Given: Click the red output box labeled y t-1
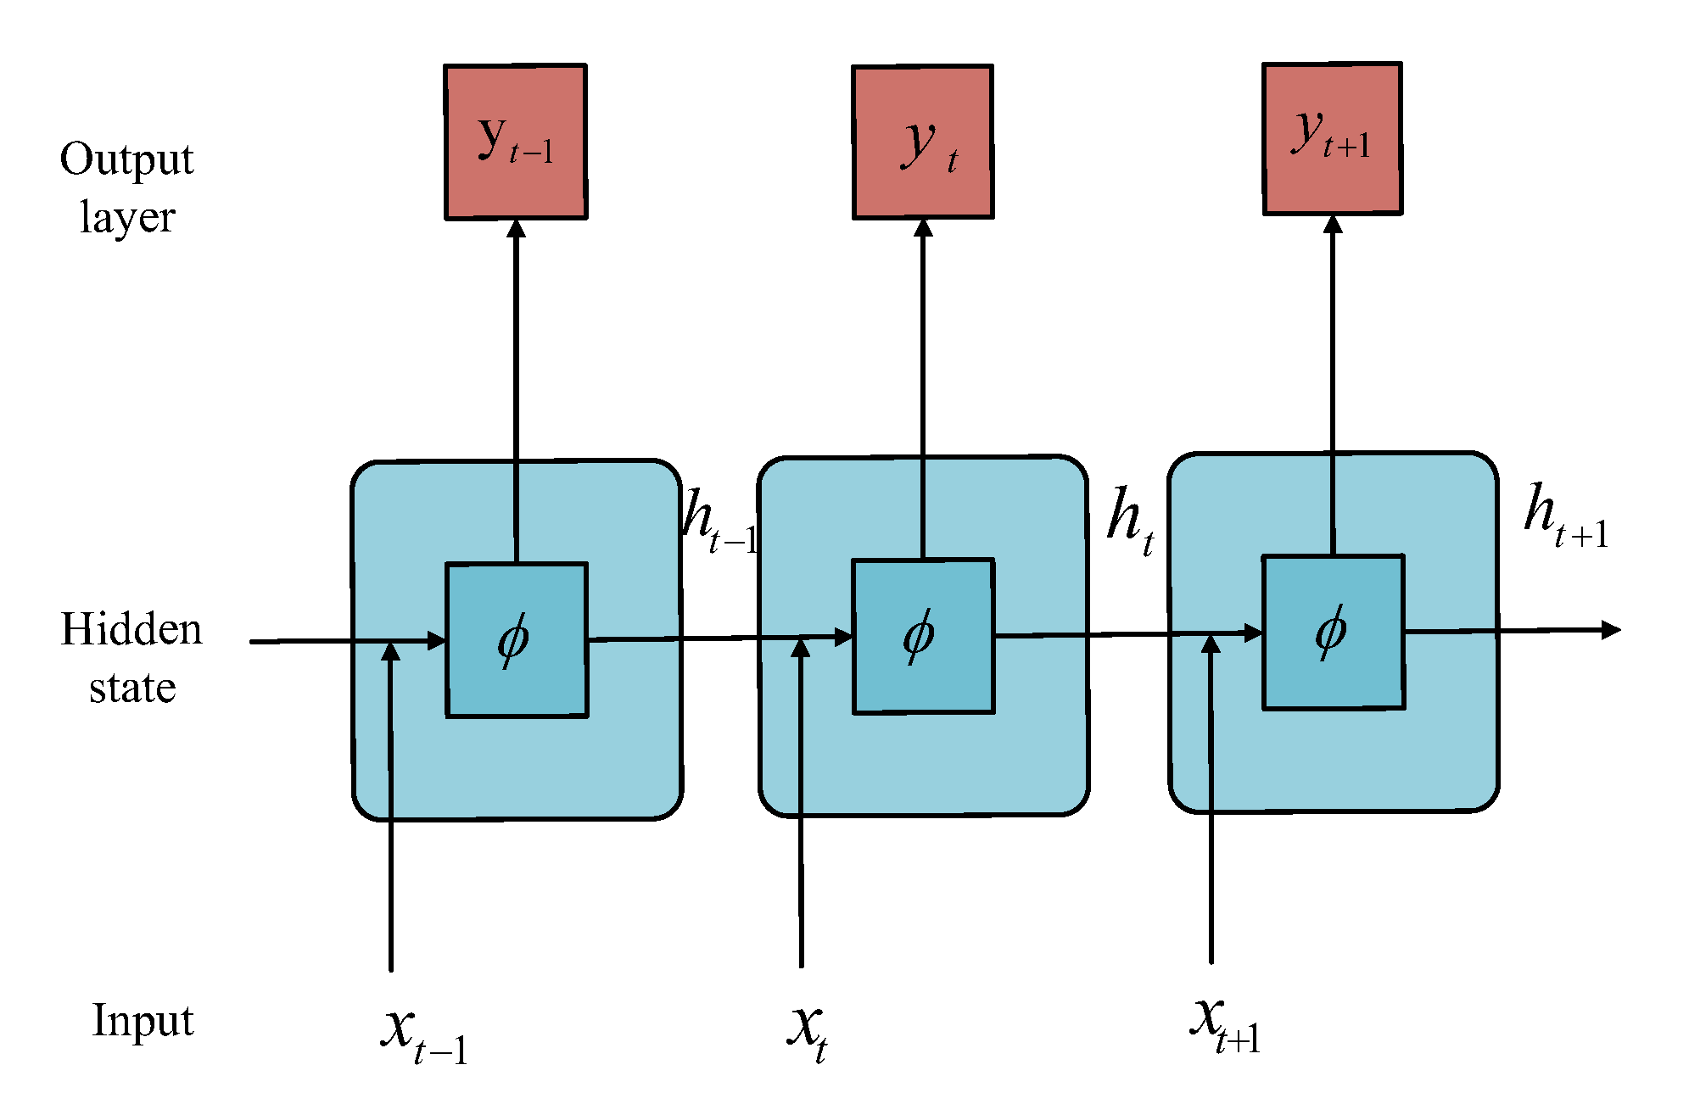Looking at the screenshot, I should click(x=516, y=142).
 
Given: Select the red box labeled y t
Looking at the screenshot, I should click(x=923, y=142).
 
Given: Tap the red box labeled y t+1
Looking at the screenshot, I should click(x=1332, y=139).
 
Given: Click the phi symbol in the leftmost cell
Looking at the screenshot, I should click(x=514, y=639).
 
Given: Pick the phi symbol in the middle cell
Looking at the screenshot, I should click(x=920, y=635).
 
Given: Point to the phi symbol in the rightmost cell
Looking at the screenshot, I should click(x=1331, y=631).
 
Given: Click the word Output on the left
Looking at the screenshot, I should click(x=127, y=160).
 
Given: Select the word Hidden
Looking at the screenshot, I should click(x=131, y=630).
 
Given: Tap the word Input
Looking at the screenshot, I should click(x=143, y=1021).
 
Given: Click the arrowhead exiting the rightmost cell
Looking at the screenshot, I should click(x=1611, y=630).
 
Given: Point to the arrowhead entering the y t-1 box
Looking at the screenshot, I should click(x=516, y=228).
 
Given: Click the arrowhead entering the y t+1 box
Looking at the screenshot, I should click(x=1333, y=225).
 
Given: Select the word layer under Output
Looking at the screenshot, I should click(x=127, y=218).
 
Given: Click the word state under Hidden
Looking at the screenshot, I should click(x=132, y=688).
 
